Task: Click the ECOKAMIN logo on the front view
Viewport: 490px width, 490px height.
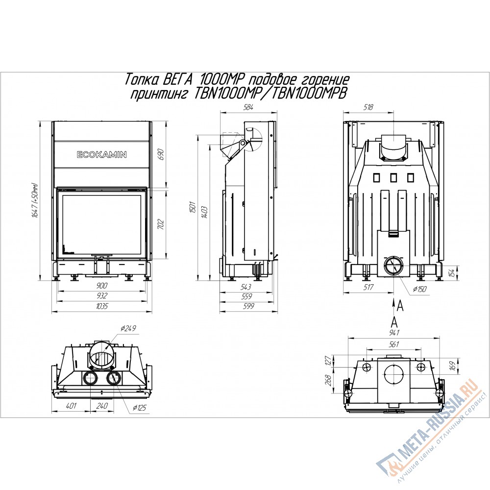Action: click(x=102, y=154)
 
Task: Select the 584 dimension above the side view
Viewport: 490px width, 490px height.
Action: click(x=248, y=107)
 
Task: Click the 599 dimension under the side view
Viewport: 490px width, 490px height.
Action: click(x=248, y=306)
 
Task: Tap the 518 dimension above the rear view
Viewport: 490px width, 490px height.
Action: click(x=368, y=107)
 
